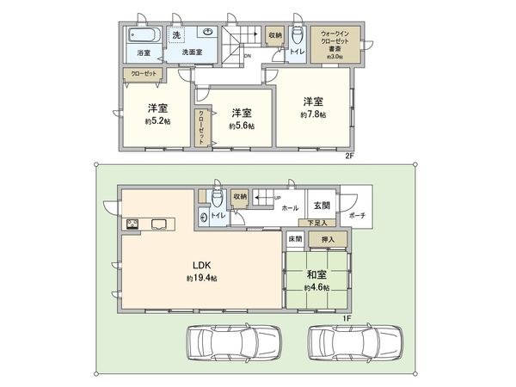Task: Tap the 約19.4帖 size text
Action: click(201, 279)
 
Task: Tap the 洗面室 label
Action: click(191, 52)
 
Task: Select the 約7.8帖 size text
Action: click(312, 114)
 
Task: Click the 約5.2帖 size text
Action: click(157, 121)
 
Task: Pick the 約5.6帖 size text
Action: click(242, 126)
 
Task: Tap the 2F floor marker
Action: click(349, 157)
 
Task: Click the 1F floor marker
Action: click(347, 318)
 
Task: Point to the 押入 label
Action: click(329, 238)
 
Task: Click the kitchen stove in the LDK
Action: click(134, 225)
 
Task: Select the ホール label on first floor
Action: click(290, 208)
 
